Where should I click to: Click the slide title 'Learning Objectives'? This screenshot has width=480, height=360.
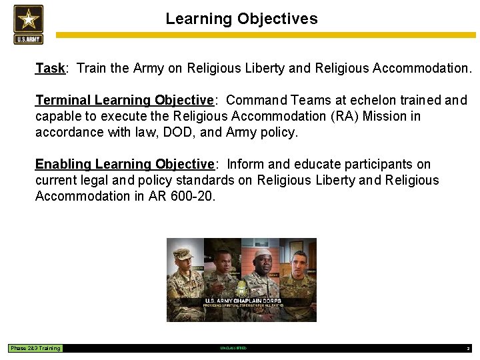241,19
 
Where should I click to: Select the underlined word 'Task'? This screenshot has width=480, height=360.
50,68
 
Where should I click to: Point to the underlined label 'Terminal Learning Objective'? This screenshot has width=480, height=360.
124,100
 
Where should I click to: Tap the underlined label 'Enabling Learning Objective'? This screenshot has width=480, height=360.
124,164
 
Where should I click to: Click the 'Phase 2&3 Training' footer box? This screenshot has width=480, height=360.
35,348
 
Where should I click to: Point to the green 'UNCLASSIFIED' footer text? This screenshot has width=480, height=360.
233,348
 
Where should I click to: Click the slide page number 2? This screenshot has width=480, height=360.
468,348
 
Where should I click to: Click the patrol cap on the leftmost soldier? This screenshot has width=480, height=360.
183,255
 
